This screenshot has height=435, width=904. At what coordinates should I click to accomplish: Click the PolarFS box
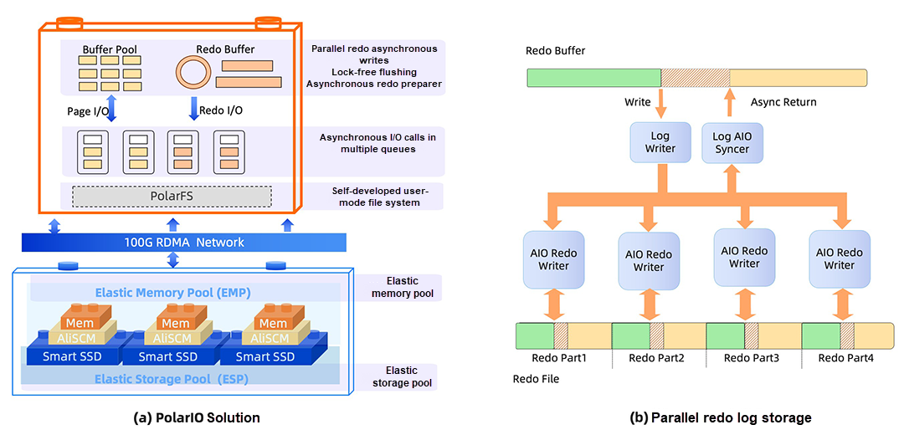click(172, 197)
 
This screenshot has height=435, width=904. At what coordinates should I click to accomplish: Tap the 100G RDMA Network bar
click(183, 242)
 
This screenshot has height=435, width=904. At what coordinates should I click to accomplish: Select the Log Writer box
click(661, 142)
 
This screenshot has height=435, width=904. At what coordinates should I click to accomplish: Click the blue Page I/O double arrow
click(110, 110)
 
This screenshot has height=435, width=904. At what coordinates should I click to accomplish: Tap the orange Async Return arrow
click(730, 102)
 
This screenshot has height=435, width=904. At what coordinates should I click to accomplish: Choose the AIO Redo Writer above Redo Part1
click(553, 259)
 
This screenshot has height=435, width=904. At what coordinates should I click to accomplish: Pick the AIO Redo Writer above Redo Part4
click(839, 259)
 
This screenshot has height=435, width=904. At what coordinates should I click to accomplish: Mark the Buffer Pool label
click(109, 49)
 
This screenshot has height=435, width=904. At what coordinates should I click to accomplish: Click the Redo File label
click(536, 379)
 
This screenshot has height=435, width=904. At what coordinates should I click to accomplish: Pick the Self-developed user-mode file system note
click(374, 197)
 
